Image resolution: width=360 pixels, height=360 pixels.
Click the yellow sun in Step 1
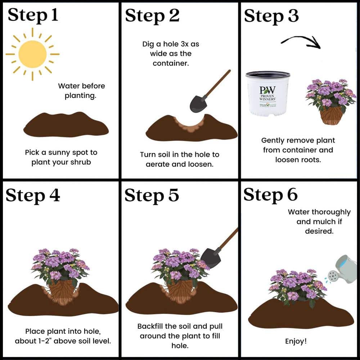pos(32,54)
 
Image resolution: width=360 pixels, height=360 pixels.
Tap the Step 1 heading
pos(33,15)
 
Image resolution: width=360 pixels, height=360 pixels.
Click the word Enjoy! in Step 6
pos(296,341)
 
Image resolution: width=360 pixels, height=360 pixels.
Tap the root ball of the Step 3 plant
pos(331,115)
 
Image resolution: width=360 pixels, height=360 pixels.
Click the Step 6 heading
pos(270,195)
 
